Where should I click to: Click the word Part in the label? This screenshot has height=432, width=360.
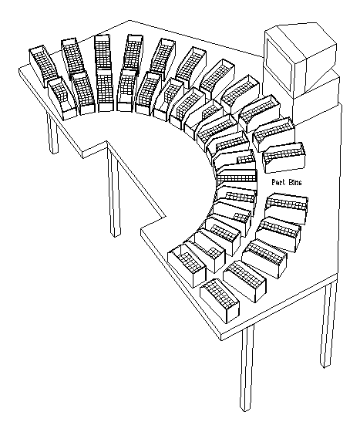[278, 182]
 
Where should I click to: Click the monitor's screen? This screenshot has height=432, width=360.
[279, 65]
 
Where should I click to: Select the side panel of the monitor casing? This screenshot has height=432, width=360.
[321, 72]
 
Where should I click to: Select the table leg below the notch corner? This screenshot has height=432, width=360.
[113, 190]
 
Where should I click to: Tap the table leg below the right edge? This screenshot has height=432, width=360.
[328, 324]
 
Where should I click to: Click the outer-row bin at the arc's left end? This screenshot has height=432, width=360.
[43, 66]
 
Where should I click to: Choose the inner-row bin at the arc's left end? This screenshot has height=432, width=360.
[62, 99]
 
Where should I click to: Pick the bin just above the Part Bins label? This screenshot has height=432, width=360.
[284, 157]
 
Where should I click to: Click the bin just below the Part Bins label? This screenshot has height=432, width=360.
[286, 209]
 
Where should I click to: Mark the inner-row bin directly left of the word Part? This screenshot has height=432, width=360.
[237, 177]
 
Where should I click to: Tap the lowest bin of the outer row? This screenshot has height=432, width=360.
[220, 300]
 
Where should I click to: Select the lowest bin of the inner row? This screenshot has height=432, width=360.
[187, 265]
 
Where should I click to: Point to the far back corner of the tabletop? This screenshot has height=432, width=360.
[130, 20]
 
